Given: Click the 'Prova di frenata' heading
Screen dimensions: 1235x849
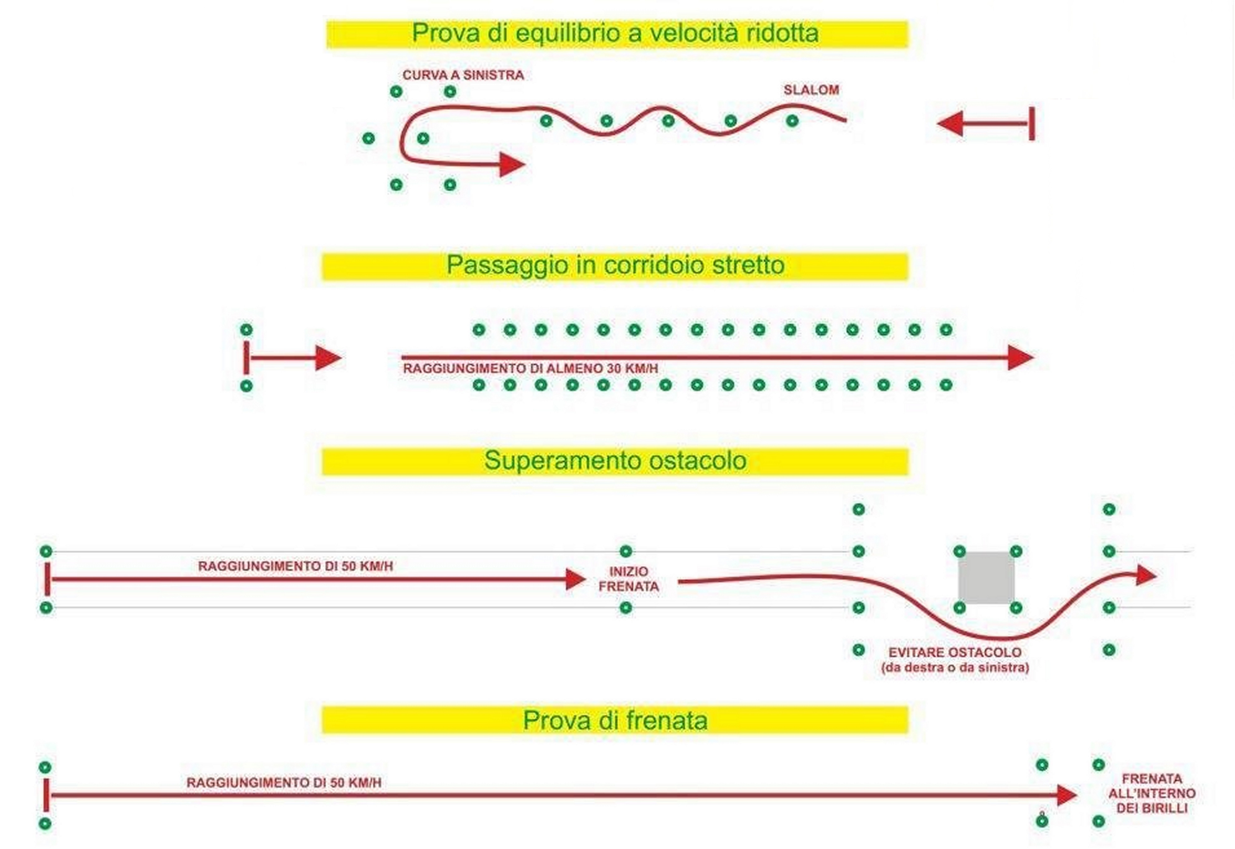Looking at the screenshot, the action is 615,720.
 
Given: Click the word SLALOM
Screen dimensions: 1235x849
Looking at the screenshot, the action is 811,90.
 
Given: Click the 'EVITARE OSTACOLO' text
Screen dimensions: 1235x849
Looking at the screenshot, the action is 955,652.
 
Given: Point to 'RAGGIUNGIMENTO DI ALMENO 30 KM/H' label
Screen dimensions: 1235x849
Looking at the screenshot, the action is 531,368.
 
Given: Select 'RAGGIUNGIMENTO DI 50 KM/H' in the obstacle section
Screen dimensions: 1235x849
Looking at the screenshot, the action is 295,566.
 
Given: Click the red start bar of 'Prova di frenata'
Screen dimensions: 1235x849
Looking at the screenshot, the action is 46,795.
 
